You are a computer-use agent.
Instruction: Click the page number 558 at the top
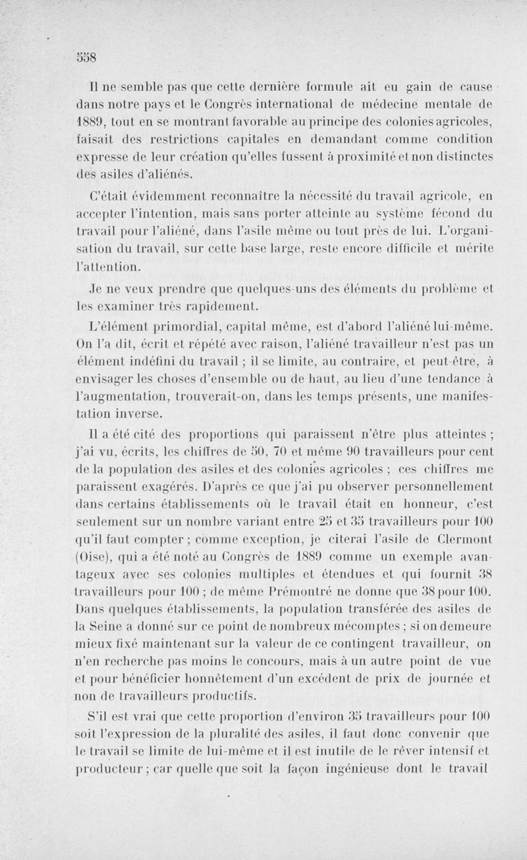tap(86, 56)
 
